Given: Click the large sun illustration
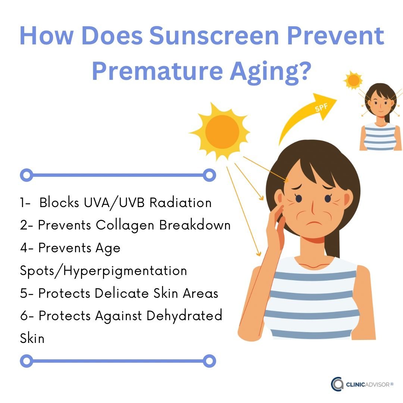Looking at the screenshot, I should [222, 131].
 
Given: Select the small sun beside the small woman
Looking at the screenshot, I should [353, 80].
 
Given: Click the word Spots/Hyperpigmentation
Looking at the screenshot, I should [103, 271].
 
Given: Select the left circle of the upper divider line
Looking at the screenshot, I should [26, 174].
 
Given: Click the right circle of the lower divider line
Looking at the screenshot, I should [209, 361].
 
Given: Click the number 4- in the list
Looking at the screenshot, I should [27, 248].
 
